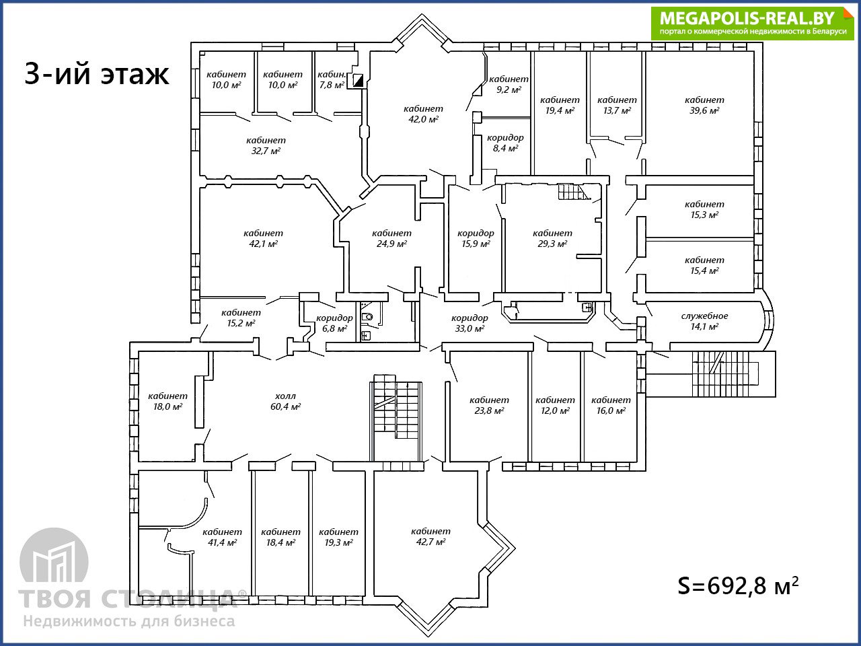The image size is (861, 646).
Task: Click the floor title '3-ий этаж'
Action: point(96,73)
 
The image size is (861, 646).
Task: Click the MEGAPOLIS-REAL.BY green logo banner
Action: point(752,23)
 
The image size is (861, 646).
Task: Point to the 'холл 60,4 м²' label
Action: point(286,401)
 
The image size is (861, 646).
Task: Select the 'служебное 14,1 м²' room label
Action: point(704,321)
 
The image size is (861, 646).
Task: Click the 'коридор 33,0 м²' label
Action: point(470,323)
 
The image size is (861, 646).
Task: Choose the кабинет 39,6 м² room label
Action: point(704,105)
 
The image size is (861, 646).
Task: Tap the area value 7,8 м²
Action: point(332,85)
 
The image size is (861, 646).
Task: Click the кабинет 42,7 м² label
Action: point(430,536)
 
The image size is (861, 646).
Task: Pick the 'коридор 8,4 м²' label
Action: point(505,143)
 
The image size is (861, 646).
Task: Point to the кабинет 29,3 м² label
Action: point(552,238)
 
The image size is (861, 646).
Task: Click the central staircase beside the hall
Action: point(396,417)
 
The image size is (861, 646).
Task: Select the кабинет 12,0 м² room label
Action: point(555,405)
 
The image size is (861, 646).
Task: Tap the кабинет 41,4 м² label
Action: point(223,537)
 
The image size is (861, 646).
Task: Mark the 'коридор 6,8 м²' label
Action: point(334,323)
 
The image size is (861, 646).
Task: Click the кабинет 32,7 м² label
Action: point(266,145)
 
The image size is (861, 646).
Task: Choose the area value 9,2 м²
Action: point(509,89)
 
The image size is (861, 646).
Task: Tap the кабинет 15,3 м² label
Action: point(704,209)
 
